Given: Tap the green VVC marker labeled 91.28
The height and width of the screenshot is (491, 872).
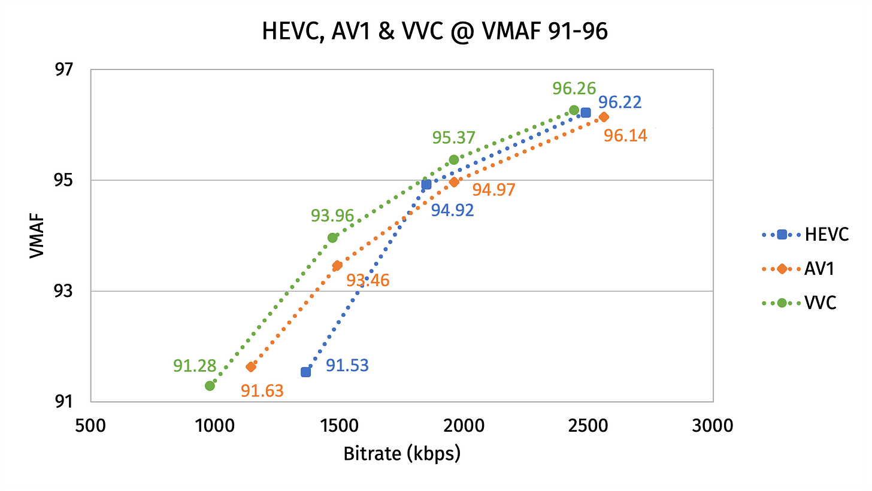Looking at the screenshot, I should click(210, 386).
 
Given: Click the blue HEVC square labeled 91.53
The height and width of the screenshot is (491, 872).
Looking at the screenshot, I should click(305, 372).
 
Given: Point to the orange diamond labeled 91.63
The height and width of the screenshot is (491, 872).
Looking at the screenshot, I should click(251, 366).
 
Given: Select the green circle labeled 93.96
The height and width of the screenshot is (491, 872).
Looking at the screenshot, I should click(332, 238).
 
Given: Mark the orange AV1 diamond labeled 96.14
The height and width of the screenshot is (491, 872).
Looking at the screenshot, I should click(604, 117).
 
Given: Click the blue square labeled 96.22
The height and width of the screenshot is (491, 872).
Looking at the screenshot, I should click(586, 113).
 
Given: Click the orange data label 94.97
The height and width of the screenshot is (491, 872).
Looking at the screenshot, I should click(493, 190).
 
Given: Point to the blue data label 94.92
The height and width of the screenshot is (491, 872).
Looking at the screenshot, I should click(453, 210).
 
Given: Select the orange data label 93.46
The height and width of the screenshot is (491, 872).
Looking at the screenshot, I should click(368, 280).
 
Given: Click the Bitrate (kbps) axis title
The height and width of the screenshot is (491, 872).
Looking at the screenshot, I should click(402, 454).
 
